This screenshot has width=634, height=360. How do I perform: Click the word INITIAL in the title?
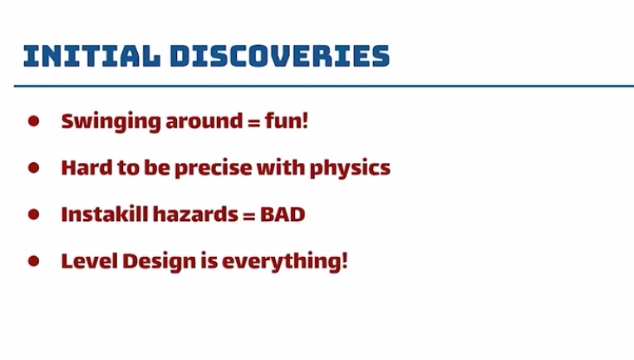[x=91, y=56]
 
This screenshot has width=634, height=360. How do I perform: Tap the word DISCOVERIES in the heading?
[x=280, y=56]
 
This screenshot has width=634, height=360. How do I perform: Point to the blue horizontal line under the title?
[x=324, y=86]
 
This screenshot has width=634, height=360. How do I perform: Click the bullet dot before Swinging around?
[x=33, y=121]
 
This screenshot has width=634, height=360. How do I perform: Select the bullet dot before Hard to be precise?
[x=33, y=167]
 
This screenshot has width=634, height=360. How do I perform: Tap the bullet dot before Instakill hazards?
[x=33, y=214]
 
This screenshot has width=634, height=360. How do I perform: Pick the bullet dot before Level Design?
[x=33, y=261]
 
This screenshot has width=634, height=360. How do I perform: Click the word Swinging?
[x=111, y=121]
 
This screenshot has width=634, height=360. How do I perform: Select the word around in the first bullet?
[x=204, y=121]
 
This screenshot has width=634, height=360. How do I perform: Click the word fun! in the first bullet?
[x=287, y=121]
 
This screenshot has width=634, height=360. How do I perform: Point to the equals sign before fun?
[x=254, y=121]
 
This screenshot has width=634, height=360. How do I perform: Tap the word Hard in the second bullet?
[x=87, y=167]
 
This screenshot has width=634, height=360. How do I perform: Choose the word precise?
[x=214, y=169]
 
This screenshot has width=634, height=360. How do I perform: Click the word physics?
[x=350, y=169]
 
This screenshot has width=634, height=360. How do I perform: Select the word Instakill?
[x=105, y=214]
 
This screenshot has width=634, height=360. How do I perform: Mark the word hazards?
[x=195, y=214]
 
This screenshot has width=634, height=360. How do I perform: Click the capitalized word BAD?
[x=283, y=215]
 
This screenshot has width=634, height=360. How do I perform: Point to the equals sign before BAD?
[x=249, y=215]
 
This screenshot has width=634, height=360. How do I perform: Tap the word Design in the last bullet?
[x=160, y=262]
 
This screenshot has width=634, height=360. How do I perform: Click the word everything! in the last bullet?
[x=285, y=262]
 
